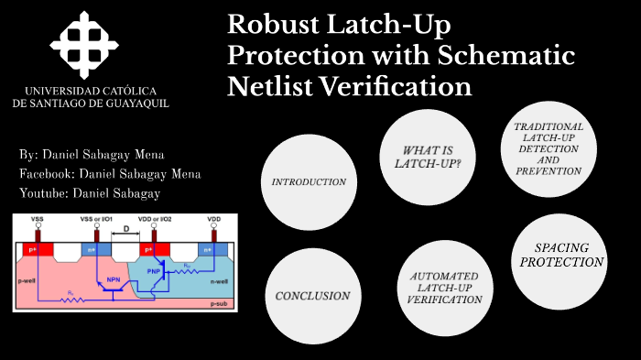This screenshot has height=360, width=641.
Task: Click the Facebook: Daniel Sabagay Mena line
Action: [110, 173]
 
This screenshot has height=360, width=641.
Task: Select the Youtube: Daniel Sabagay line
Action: [89, 192]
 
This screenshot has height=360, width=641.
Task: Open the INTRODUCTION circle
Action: [309, 181]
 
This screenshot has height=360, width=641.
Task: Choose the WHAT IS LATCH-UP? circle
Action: [427, 157]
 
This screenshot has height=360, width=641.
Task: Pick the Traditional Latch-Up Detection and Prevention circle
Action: [549, 147]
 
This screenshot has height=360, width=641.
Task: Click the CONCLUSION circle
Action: [312, 296]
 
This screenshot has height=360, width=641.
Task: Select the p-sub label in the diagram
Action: [218, 303]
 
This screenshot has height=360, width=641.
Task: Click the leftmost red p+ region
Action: [37, 249]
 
